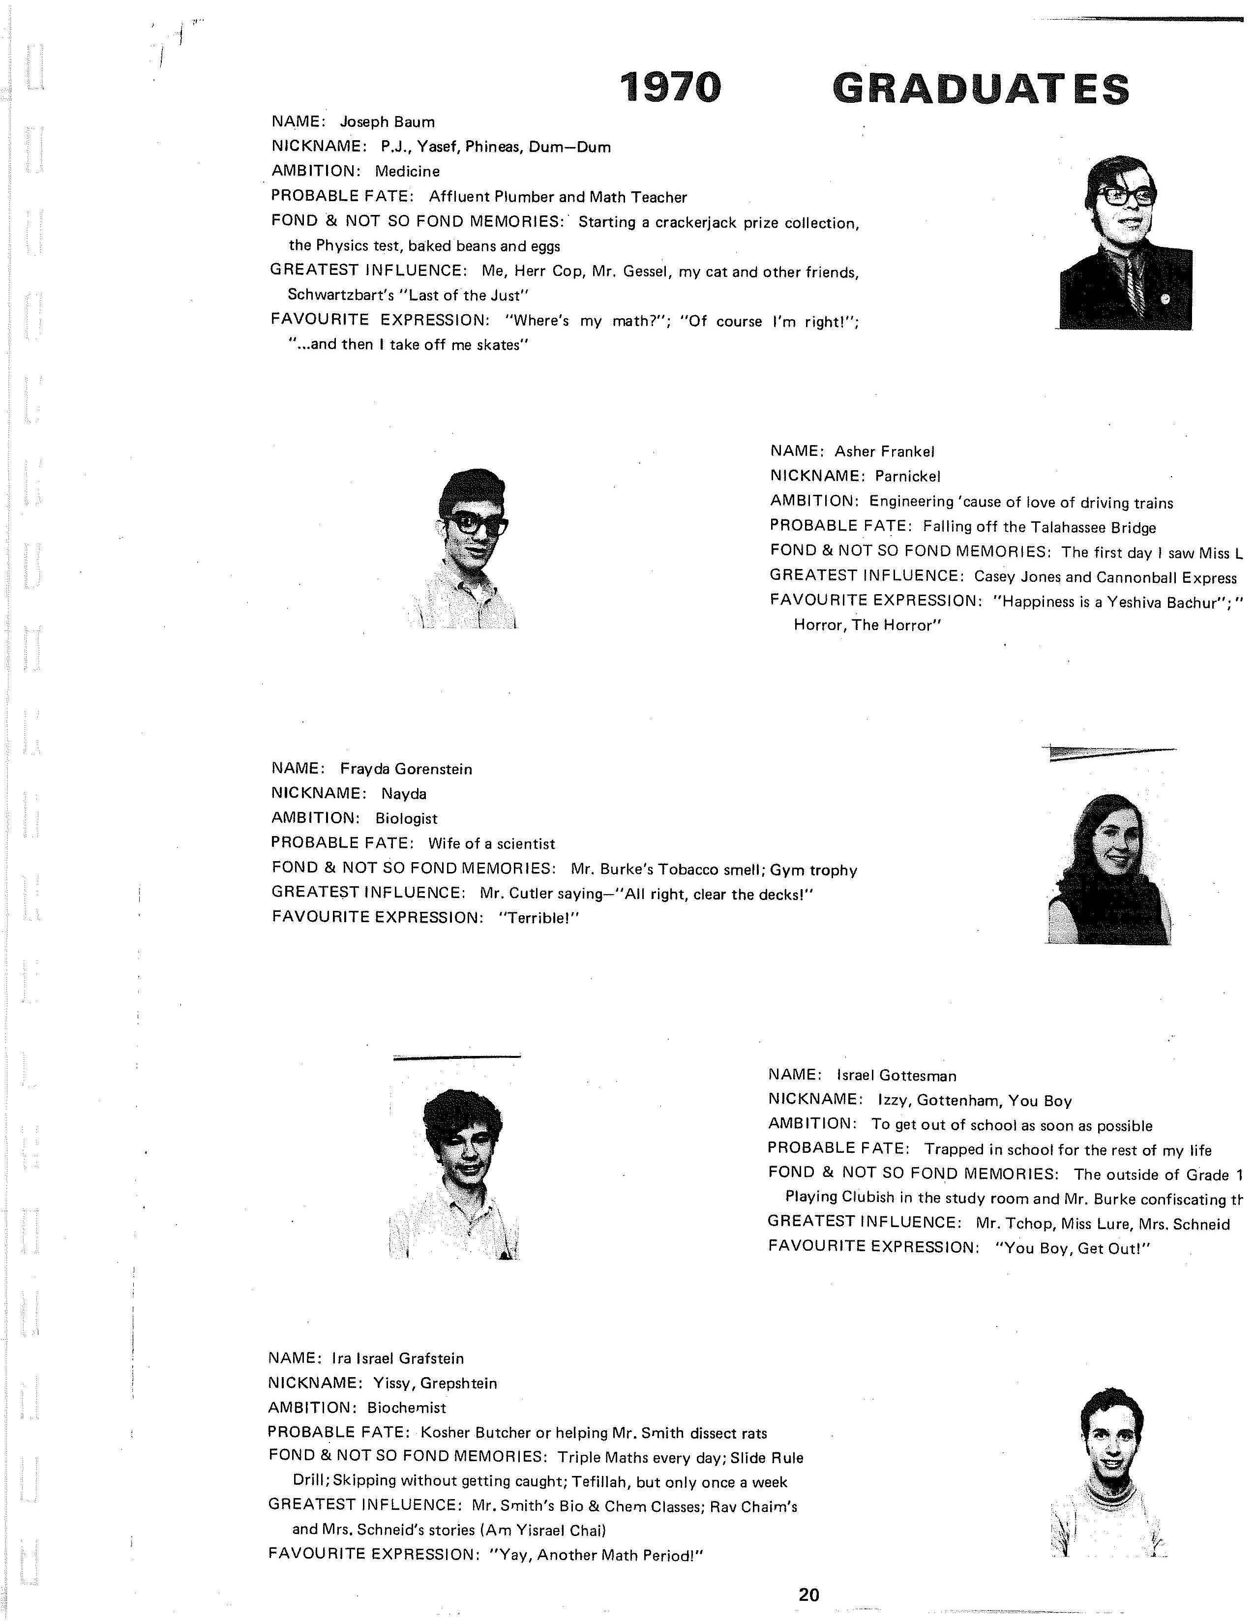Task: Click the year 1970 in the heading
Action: (670, 88)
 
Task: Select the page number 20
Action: (808, 1594)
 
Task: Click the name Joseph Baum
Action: (387, 122)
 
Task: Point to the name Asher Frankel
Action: (884, 451)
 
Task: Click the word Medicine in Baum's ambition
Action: (407, 172)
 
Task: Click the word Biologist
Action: (406, 818)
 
